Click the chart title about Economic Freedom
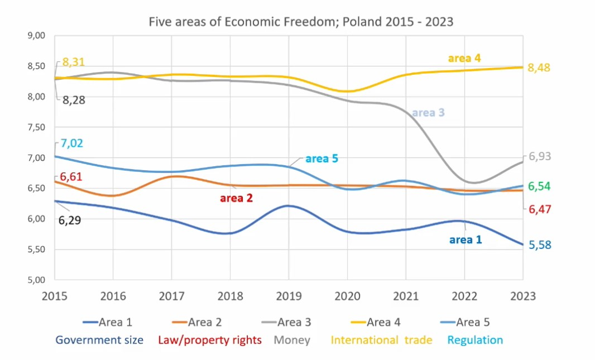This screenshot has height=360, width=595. coord(300,22)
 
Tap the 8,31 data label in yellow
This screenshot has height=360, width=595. coord(74,62)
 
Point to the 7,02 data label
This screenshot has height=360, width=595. coord(73,143)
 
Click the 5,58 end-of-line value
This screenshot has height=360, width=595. coord(540,244)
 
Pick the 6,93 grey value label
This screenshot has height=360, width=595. coord(540,156)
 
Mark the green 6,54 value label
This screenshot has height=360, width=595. coord(540,186)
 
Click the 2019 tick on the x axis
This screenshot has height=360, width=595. coord(289,296)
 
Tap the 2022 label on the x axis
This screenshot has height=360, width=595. coord(464,296)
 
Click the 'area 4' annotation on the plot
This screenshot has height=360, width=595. coord(464,58)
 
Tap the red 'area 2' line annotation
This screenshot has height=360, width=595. coord(237,198)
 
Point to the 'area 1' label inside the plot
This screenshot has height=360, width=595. coord(466,240)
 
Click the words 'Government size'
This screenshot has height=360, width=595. coord(99,340)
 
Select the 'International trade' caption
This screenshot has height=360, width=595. coord(382,340)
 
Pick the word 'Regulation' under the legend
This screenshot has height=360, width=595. coord(475,340)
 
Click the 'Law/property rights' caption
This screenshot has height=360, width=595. coord(210,340)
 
